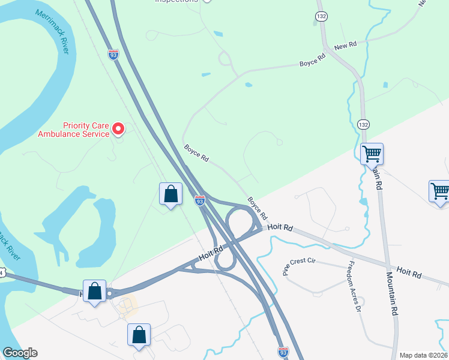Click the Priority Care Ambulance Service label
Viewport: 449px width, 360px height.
[74, 130]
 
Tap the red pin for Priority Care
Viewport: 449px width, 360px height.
[118, 128]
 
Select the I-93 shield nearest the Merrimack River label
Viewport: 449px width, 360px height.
[113, 54]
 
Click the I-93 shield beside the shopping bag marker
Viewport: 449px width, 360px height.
[200, 200]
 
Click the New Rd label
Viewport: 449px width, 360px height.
[345, 46]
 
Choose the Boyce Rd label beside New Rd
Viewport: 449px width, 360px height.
[313, 59]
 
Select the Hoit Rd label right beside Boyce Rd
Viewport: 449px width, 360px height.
[280, 227]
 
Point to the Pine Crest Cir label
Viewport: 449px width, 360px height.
[298, 264]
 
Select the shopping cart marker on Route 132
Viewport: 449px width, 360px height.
[372, 154]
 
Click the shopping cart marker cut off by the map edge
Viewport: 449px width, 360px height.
[440, 192]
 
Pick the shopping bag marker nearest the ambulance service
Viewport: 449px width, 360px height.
[170, 193]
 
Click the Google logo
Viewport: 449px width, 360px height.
[20, 353]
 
